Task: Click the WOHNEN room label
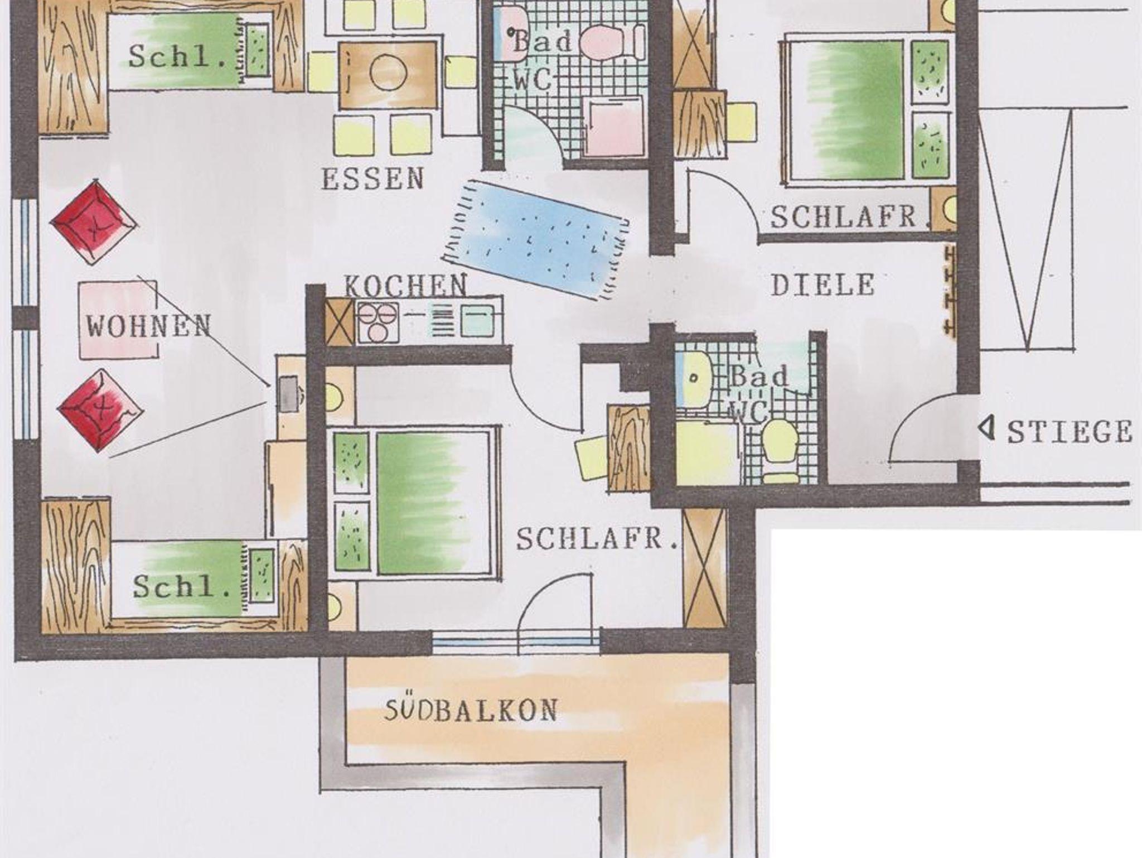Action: point(149,326)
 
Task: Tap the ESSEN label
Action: point(373,179)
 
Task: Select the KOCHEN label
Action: point(405,286)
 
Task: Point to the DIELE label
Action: point(822,285)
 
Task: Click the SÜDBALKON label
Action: point(471,710)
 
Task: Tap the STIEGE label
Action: point(1069,431)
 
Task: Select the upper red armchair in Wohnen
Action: point(94,221)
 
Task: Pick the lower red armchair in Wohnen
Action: point(100,410)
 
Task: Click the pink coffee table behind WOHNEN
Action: point(118,320)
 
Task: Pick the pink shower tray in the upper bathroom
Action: point(613,127)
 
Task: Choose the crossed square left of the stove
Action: point(339,322)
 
